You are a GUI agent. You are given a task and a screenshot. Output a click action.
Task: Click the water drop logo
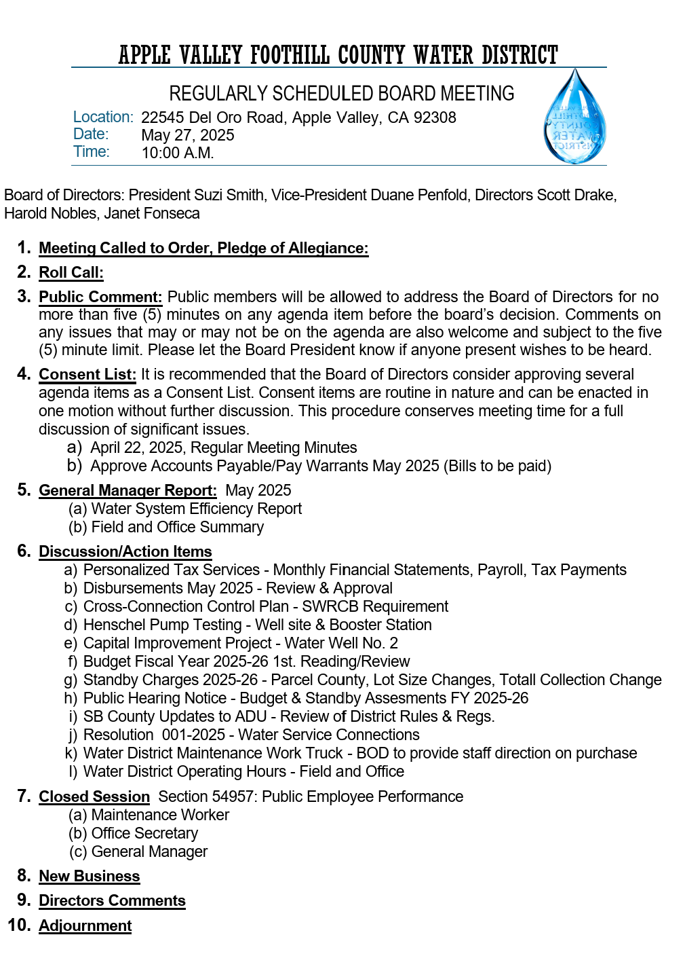click(575, 117)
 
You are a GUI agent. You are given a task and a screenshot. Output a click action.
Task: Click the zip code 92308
click(435, 117)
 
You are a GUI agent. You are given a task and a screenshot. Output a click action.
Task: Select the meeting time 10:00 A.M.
click(178, 153)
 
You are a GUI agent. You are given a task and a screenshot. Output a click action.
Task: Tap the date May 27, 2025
click(188, 135)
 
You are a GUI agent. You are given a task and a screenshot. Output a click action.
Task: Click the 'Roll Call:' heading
click(71, 272)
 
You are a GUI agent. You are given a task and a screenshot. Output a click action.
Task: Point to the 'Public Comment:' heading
click(100, 297)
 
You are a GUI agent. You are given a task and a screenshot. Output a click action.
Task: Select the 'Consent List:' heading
click(87, 374)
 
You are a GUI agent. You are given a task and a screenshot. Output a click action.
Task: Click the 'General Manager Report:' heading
click(128, 490)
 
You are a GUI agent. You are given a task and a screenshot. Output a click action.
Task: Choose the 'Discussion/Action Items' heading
click(125, 551)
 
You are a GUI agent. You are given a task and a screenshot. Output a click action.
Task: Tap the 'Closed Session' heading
click(94, 796)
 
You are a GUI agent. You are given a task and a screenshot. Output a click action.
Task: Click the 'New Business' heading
click(90, 876)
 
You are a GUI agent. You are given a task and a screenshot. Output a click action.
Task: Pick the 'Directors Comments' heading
click(112, 900)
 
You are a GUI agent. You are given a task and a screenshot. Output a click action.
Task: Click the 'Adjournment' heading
click(85, 925)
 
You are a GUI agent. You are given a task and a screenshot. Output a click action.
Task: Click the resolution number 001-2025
click(193, 735)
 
